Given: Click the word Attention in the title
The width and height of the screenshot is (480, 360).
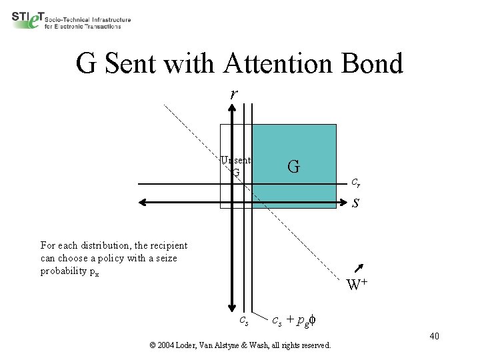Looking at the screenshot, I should pyautogui.click(x=275, y=64).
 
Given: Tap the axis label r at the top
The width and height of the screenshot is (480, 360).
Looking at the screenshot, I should pyautogui.click(x=233, y=94).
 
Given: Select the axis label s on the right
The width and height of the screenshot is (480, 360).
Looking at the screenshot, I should pyautogui.click(x=356, y=203).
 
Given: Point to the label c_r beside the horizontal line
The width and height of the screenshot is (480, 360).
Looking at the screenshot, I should pyautogui.click(x=357, y=181).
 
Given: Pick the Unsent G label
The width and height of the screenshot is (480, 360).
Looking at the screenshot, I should pyautogui.click(x=236, y=166).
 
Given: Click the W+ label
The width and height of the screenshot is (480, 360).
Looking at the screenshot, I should pyautogui.click(x=358, y=285).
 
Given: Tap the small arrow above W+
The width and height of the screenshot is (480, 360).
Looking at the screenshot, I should pyautogui.click(x=360, y=269).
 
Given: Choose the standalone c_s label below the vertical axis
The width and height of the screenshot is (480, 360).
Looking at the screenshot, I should pyautogui.click(x=245, y=321).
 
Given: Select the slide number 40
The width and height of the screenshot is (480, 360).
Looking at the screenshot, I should pyautogui.click(x=434, y=335).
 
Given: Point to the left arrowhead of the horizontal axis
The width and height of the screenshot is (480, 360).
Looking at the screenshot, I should pyautogui.click(x=142, y=203).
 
